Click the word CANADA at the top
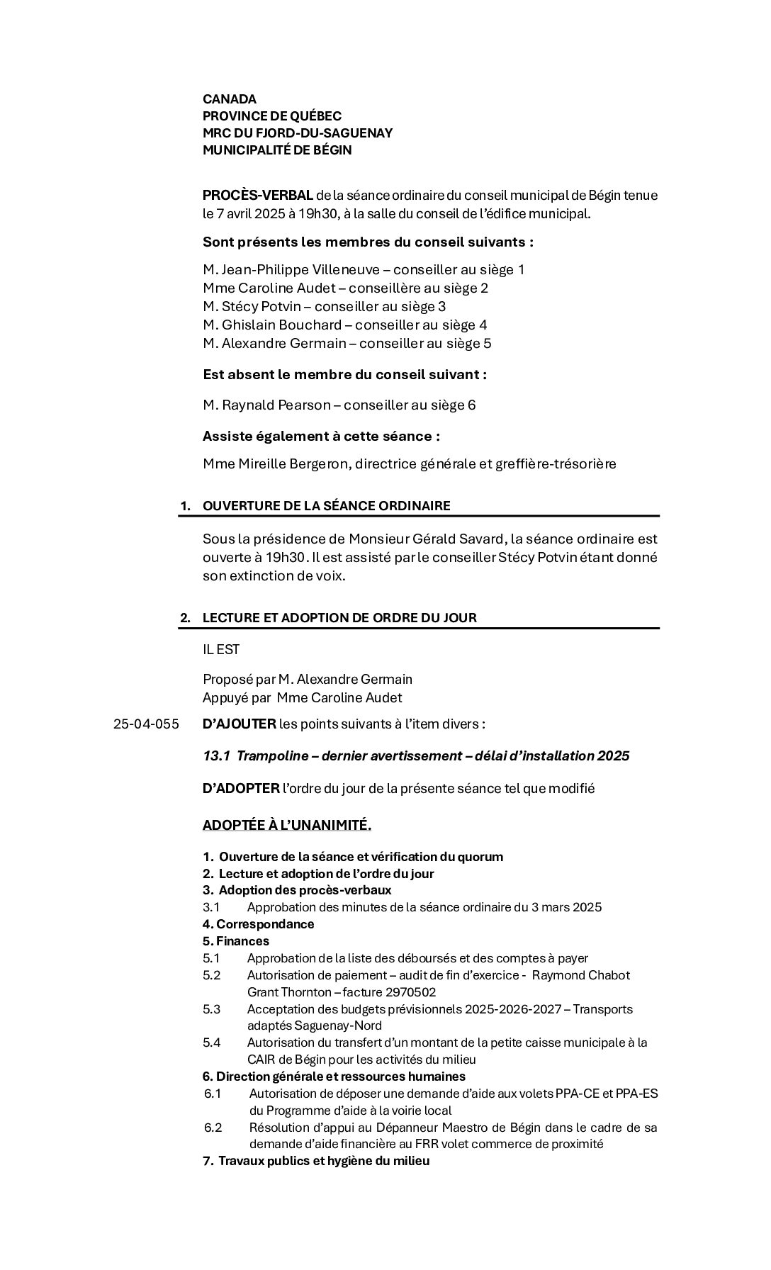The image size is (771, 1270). point(230,99)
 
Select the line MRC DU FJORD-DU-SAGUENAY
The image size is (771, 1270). point(298,133)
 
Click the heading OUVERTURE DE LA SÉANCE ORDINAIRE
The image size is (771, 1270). point(326,506)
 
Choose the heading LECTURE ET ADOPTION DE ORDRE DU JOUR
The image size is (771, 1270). point(339,618)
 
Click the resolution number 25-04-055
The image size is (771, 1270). point(146,725)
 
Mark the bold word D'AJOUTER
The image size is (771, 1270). point(240,724)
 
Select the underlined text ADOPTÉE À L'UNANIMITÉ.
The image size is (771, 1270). point(287,826)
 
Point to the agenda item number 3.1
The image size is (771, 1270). point(211,908)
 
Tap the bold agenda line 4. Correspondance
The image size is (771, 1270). point(258,925)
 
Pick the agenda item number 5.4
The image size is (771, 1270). point(211,1043)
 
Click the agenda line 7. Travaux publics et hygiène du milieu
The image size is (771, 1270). point(316,1162)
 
